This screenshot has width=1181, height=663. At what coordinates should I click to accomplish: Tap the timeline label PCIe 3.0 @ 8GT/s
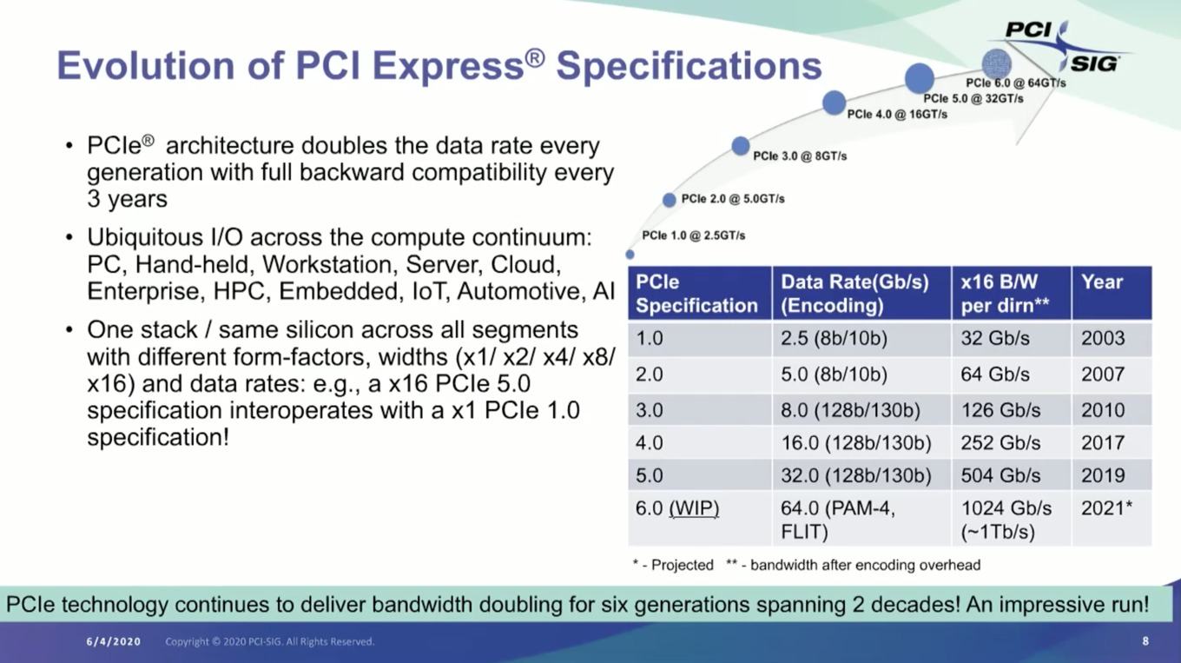800,156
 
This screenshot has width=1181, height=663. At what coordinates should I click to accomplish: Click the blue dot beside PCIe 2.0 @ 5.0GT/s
669,200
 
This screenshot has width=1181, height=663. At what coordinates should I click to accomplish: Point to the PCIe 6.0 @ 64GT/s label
1015,83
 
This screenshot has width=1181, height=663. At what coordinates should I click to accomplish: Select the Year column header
1102,282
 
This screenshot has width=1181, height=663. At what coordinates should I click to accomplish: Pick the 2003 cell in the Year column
1103,338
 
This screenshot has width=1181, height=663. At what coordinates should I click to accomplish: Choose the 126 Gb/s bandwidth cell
1000,410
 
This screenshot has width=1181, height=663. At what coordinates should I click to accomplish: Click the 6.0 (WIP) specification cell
677,508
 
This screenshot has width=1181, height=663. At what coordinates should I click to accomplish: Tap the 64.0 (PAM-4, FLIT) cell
838,520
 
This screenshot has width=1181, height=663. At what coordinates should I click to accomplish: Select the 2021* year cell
1106,508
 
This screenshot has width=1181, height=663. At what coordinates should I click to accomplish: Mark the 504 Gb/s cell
1000,476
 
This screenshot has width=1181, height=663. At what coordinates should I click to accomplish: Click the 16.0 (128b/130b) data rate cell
855,443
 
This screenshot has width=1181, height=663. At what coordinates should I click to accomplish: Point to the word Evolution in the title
146,66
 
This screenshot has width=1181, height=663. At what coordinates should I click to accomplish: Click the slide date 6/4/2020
114,642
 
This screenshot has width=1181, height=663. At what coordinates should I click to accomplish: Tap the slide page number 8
1145,641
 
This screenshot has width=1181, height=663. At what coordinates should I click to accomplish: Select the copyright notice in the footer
269,642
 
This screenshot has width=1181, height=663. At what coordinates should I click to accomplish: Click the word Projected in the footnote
683,566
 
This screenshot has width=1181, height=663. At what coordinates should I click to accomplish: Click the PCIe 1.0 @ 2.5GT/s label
693,235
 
